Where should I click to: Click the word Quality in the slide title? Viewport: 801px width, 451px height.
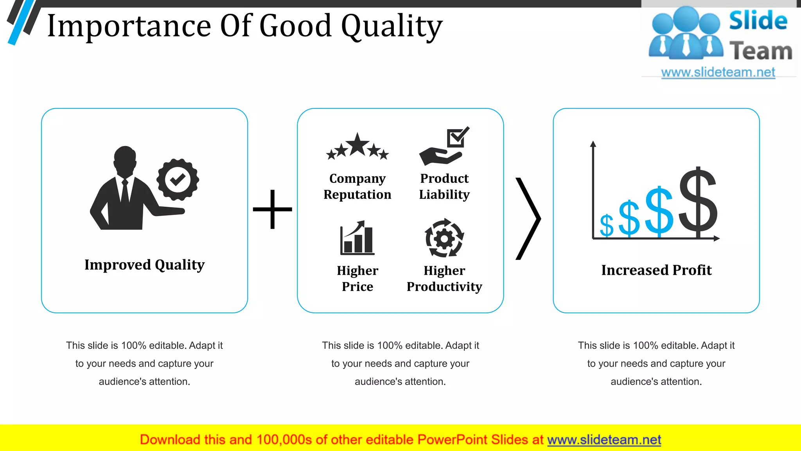[x=392, y=27]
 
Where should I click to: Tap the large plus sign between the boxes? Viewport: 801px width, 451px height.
[x=272, y=209]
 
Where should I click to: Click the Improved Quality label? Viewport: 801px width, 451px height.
[x=144, y=265]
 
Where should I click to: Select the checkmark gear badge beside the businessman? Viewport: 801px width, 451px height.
[x=178, y=180]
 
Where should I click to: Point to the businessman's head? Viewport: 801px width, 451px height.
[x=125, y=159]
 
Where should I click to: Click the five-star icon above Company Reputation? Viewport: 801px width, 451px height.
[x=357, y=147]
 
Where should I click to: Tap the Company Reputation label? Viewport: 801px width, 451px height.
[x=357, y=186]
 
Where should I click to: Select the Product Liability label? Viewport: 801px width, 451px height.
[x=444, y=186]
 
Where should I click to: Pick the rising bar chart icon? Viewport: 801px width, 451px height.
[x=357, y=238]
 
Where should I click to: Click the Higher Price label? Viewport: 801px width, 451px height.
[x=357, y=278]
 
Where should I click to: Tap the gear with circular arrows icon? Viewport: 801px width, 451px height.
[x=444, y=238]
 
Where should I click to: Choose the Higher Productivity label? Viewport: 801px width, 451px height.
[x=444, y=278]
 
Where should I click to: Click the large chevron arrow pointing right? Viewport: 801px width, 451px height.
[x=529, y=218]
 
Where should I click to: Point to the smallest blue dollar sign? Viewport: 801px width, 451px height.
[x=607, y=226]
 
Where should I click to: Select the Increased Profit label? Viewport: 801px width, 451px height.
[x=656, y=270]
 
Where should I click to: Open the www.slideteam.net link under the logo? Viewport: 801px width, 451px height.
[x=718, y=72]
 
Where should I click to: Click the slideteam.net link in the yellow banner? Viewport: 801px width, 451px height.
[x=604, y=440]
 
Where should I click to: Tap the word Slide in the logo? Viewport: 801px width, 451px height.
[x=758, y=21]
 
